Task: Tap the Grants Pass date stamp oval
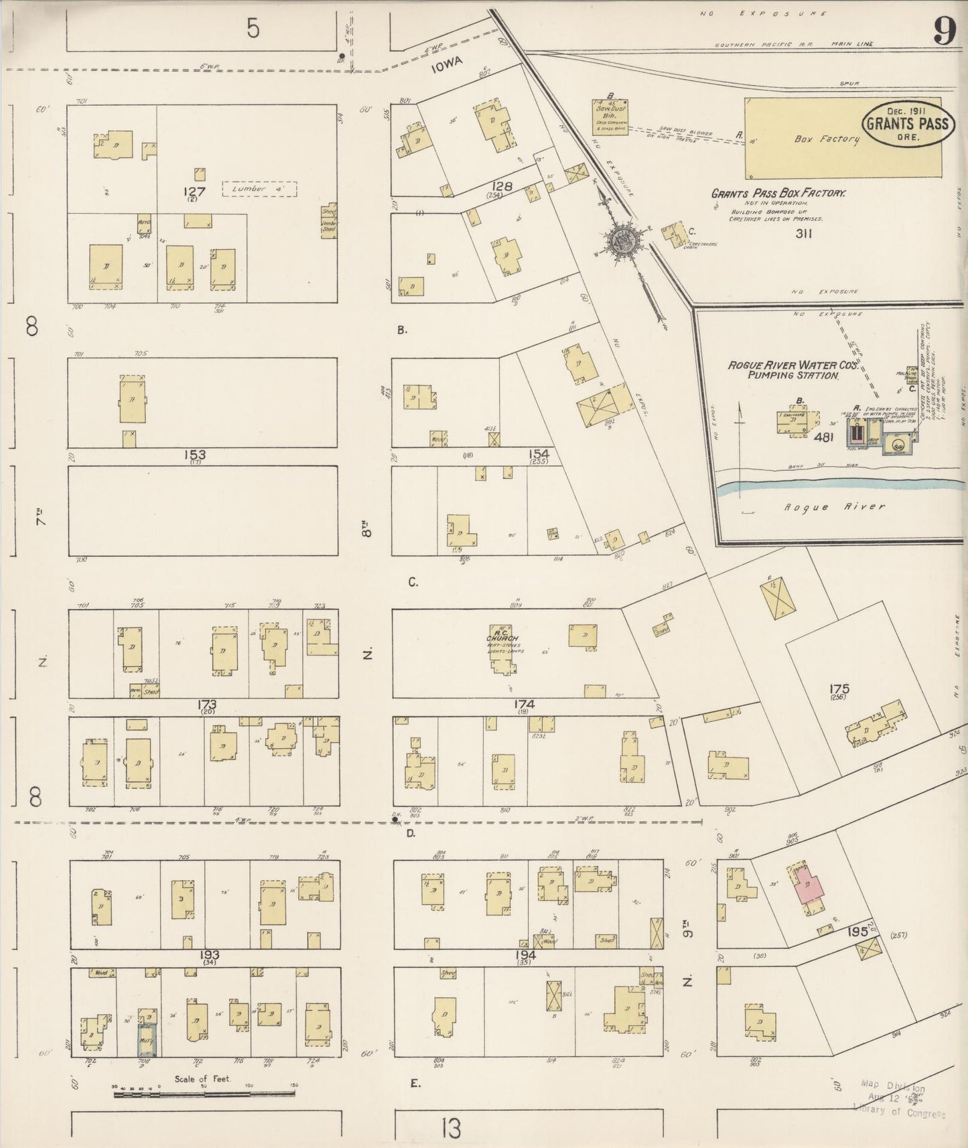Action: (x=907, y=124)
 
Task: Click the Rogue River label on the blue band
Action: (x=834, y=506)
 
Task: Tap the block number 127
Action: (x=194, y=192)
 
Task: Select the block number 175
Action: (x=839, y=689)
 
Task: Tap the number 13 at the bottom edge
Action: (x=452, y=1129)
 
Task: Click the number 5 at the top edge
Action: (x=252, y=29)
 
